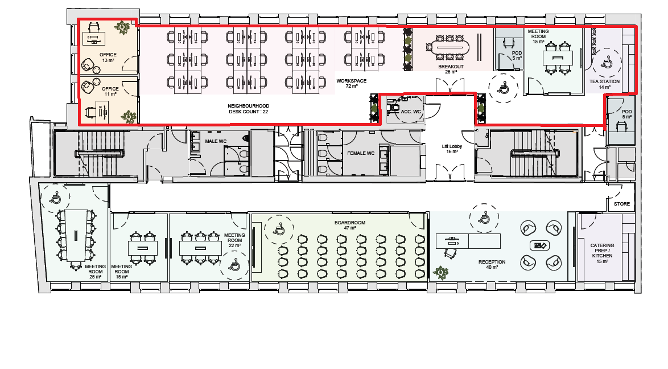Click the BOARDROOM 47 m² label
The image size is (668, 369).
350,225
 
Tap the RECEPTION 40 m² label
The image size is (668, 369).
492,264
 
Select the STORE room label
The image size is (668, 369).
621,204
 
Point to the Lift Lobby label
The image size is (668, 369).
452,149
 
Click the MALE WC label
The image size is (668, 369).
216,141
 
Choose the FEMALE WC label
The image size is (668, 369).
360,153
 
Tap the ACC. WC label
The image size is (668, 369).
411,112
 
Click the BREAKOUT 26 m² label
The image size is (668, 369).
451,69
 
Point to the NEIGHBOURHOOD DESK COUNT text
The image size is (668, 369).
249,109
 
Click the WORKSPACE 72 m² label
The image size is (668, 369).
352,83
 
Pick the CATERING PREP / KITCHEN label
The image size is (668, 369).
602,253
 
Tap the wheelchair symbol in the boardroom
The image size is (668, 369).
279,229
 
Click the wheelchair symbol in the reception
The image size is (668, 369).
484,219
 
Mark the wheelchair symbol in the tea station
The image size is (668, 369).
607,63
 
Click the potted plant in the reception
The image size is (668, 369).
440,272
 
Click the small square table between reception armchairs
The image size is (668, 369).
539,245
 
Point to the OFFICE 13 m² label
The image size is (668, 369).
108,58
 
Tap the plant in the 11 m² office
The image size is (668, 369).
128,117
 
